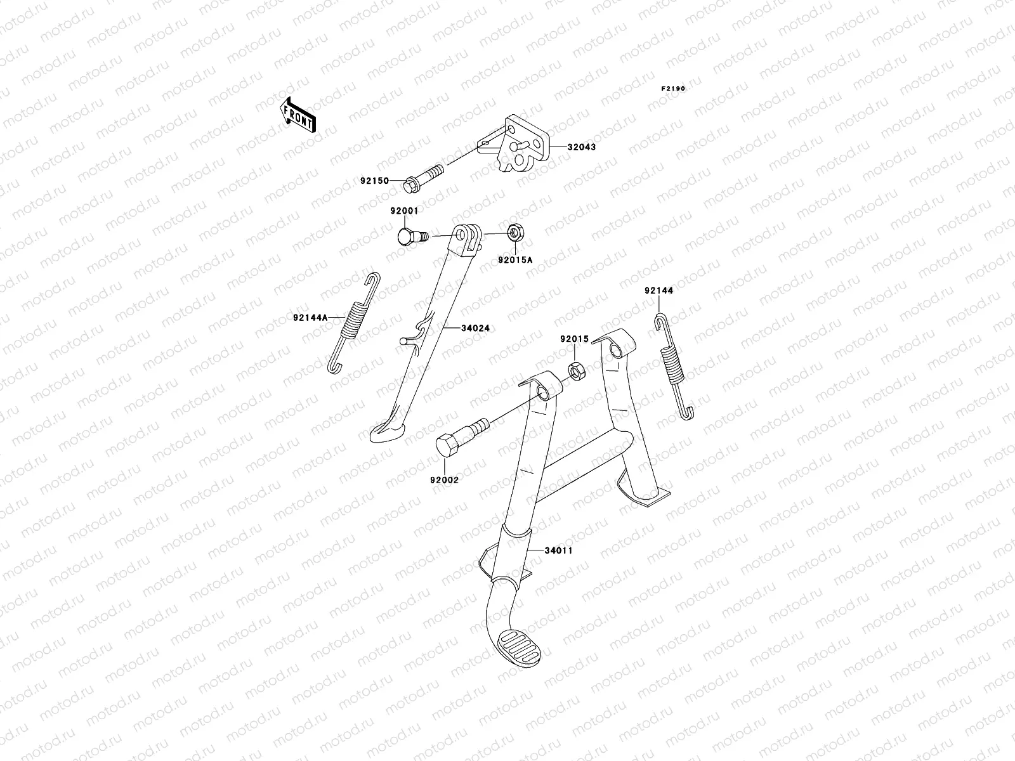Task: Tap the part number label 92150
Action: tap(374, 181)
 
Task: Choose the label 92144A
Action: tap(310, 318)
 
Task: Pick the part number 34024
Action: tap(475, 328)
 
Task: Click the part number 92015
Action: tap(573, 339)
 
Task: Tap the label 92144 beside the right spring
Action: tap(658, 290)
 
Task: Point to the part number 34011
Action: tap(558, 550)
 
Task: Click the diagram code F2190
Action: tap(672, 89)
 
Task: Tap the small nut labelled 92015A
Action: tap(514, 232)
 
